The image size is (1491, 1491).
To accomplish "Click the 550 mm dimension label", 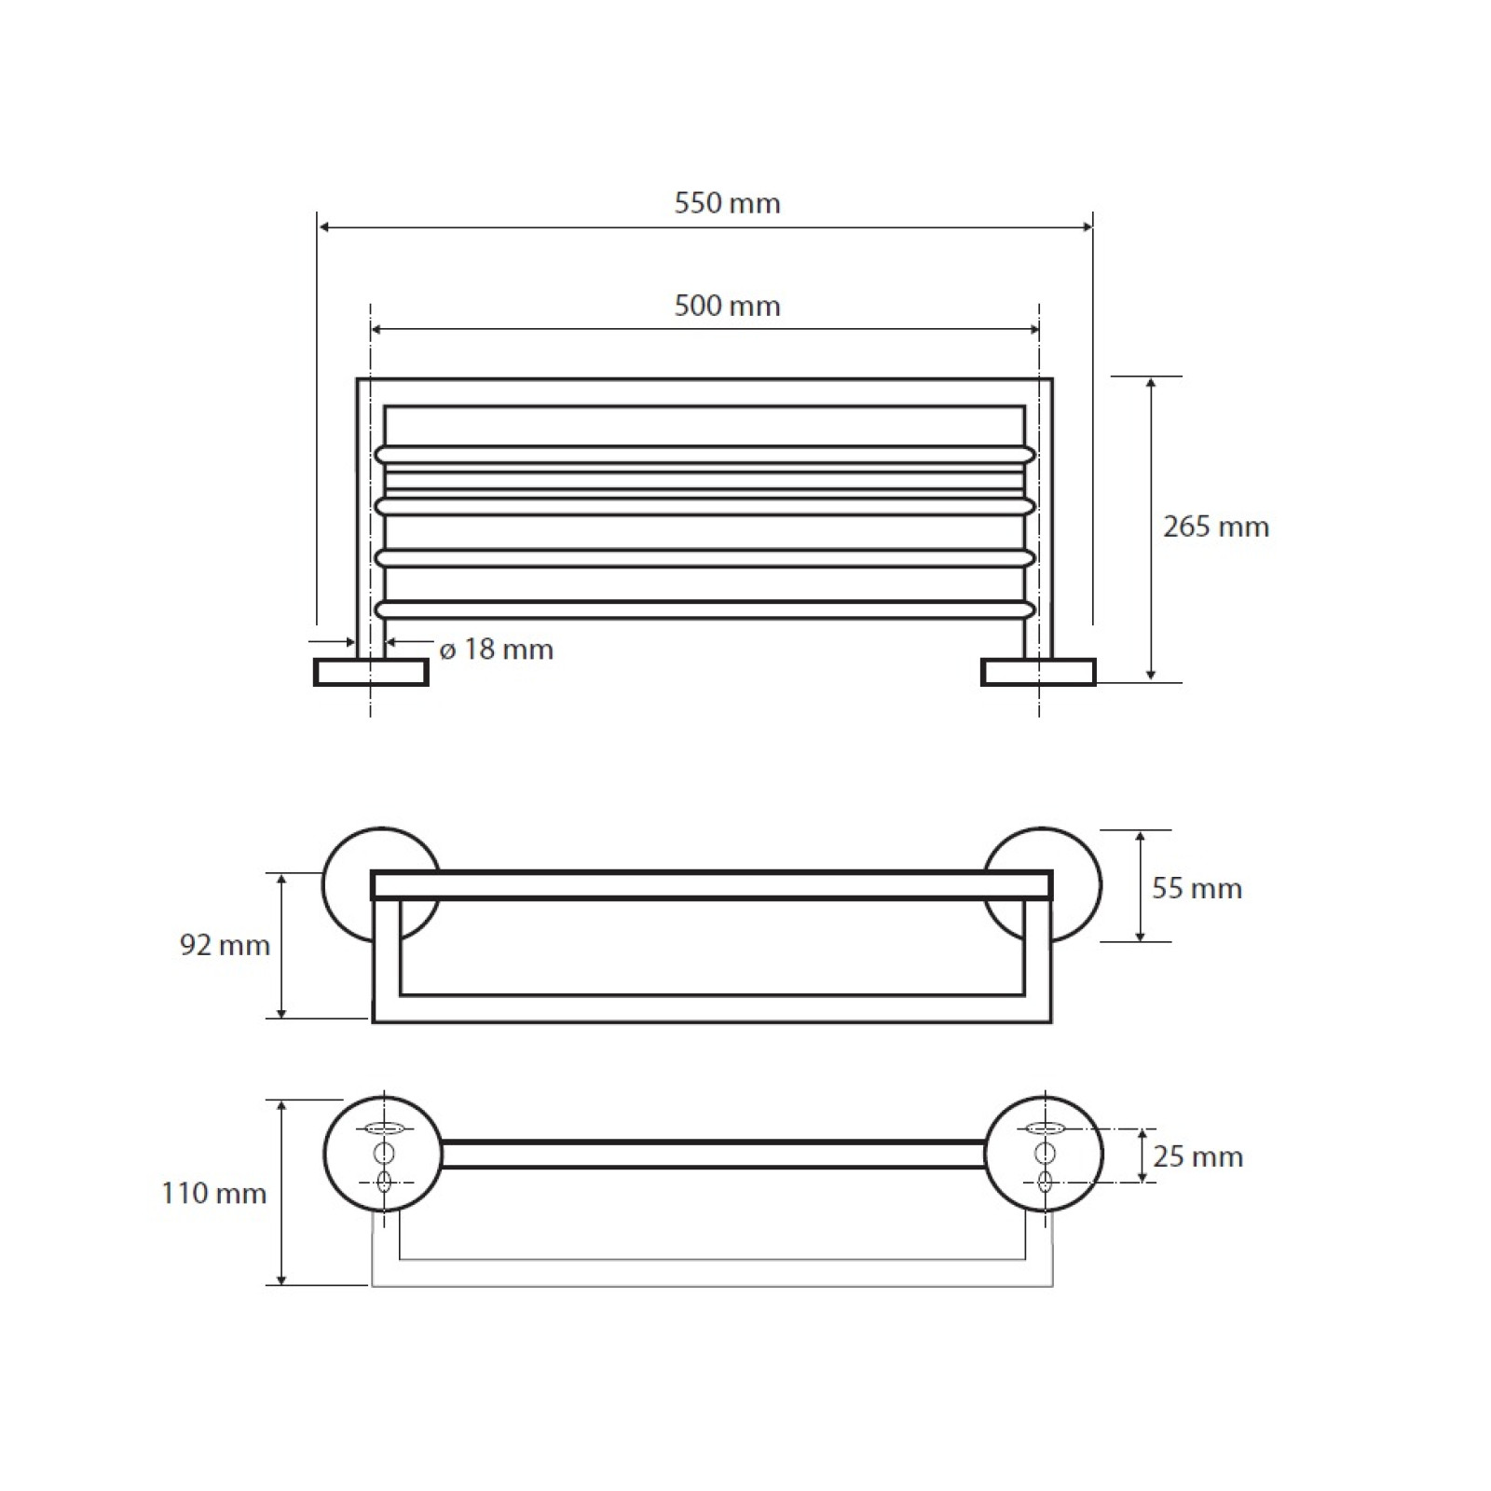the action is (727, 203).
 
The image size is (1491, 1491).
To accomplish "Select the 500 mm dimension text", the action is (727, 306).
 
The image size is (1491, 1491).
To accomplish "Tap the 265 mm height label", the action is (1215, 527).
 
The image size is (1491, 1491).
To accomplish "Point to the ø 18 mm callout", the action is (496, 649).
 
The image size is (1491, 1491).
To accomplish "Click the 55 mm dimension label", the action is (1197, 888).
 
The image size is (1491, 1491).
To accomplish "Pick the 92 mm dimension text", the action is (225, 945).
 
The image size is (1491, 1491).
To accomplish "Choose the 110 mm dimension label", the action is (213, 1193).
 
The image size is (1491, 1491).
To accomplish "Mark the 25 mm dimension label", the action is (1197, 1156).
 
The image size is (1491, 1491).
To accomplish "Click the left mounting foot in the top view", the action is (371, 672).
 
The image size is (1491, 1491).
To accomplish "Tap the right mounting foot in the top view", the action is (1038, 672).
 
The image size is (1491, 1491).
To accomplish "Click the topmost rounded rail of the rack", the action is (704, 455).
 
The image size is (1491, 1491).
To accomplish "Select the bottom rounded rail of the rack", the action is (704, 609).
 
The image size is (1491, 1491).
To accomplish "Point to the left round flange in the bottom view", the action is (382, 1154).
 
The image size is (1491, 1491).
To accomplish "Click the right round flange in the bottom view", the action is (1044, 1154).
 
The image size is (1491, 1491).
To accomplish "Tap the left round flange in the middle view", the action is (381, 884).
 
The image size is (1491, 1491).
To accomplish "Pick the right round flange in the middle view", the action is (1043, 884).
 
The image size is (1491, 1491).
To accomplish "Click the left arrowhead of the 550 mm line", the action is (324, 226).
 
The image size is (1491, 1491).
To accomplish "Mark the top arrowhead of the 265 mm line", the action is (1151, 384).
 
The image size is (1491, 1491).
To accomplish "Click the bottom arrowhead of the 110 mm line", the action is (282, 1279).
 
